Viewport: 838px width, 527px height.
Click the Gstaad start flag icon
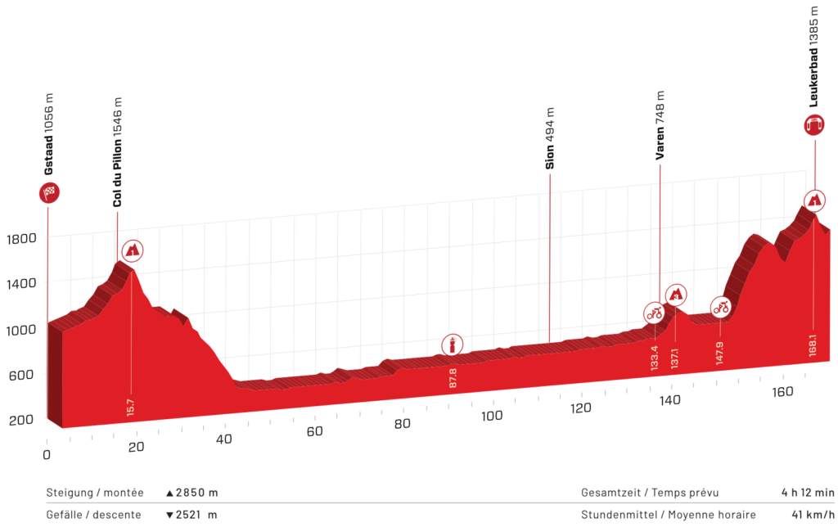coord(48,193)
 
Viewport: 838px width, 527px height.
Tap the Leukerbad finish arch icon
coord(814,124)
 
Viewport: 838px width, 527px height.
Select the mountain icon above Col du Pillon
coord(132,250)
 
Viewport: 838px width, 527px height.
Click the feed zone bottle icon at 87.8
coord(451,345)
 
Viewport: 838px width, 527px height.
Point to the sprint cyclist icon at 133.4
coord(654,312)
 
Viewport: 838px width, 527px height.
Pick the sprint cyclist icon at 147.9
coord(720,308)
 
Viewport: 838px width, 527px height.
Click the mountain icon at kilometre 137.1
coord(676,293)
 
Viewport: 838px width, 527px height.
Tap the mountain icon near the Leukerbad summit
coord(814,199)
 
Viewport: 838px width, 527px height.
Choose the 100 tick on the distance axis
coord(493,416)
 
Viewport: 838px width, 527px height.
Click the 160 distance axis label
coord(783,391)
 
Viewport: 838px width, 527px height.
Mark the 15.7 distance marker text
coord(131,407)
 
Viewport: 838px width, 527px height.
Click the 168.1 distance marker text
coord(813,341)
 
